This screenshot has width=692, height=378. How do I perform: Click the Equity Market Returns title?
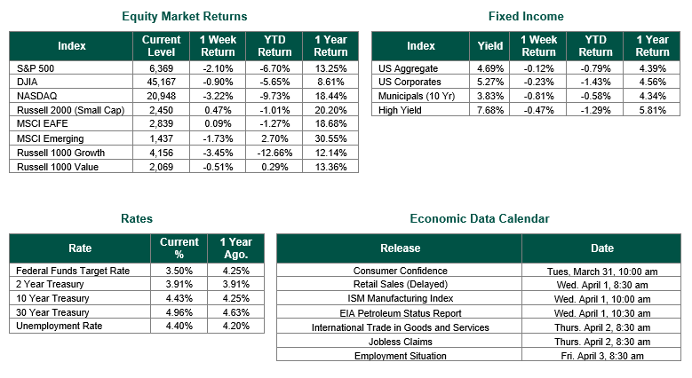tap(184, 16)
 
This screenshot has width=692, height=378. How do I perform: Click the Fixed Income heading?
tap(526, 16)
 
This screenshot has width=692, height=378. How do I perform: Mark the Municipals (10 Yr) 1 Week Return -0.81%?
tap(538, 96)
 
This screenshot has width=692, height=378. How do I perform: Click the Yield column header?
tap(489, 46)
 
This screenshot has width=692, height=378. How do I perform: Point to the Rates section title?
tap(136, 218)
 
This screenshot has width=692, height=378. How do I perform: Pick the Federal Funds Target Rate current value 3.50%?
tap(179, 270)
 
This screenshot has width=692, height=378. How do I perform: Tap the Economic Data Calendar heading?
tap(479, 218)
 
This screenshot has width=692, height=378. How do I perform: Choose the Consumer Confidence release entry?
tap(400, 271)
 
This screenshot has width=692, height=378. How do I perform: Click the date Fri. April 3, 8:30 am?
tap(601, 356)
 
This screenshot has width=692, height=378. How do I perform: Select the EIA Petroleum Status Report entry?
tap(400, 313)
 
